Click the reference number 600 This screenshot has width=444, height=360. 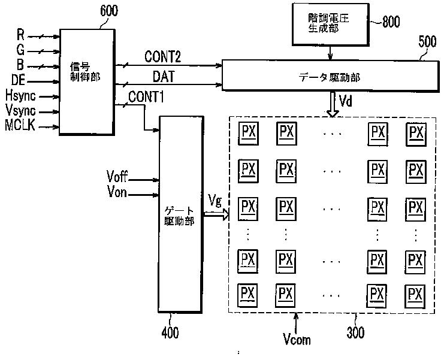point(109,10)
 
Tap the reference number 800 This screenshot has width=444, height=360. point(391,22)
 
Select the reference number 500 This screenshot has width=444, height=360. point(427,41)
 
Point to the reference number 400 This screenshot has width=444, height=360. point(170,332)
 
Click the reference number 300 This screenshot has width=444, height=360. point(355,332)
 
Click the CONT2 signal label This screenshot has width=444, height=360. point(162,56)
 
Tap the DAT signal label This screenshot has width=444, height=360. point(164,77)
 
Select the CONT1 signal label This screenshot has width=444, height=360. point(146,97)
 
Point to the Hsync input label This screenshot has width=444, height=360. point(20,95)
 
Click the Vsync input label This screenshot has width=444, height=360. point(20,110)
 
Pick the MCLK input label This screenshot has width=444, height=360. point(20,125)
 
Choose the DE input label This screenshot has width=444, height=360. point(18,80)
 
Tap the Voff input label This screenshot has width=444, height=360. point(117,176)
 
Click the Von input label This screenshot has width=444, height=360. point(117,192)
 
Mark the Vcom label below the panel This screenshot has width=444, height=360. point(297,339)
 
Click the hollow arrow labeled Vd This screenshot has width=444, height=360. point(333,104)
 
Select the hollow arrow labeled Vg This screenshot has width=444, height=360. point(216,214)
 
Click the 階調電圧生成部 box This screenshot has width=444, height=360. point(330,25)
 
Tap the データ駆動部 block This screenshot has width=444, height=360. point(330,76)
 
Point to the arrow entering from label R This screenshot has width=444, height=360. point(44,37)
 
